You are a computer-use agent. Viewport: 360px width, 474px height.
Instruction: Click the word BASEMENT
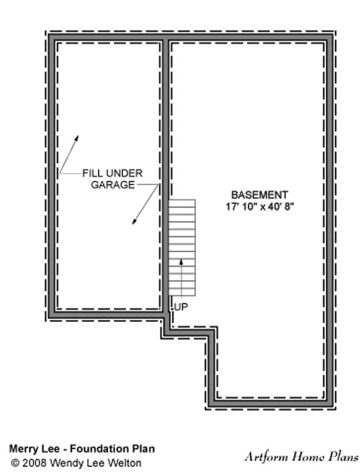click(x=259, y=194)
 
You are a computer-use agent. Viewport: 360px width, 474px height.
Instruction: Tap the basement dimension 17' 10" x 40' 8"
click(x=260, y=207)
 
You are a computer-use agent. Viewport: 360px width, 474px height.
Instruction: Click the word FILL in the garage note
click(x=90, y=173)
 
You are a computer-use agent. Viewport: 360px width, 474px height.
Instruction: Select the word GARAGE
click(x=113, y=184)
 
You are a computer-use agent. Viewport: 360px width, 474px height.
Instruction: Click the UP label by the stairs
click(x=181, y=307)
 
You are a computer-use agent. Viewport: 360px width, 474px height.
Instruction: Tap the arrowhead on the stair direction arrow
click(x=181, y=261)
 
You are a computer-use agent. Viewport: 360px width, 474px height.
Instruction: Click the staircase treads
click(x=182, y=248)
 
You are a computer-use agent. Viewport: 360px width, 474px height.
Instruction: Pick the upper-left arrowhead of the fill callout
click(x=77, y=138)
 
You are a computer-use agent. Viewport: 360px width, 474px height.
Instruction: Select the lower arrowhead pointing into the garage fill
click(x=134, y=222)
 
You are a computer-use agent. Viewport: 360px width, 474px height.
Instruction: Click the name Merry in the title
click(x=21, y=449)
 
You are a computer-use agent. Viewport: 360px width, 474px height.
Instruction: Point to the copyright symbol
click(x=14, y=463)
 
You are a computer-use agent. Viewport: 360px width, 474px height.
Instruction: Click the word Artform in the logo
click(x=266, y=457)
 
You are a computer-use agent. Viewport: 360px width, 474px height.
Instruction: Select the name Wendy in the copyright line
click(x=64, y=463)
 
